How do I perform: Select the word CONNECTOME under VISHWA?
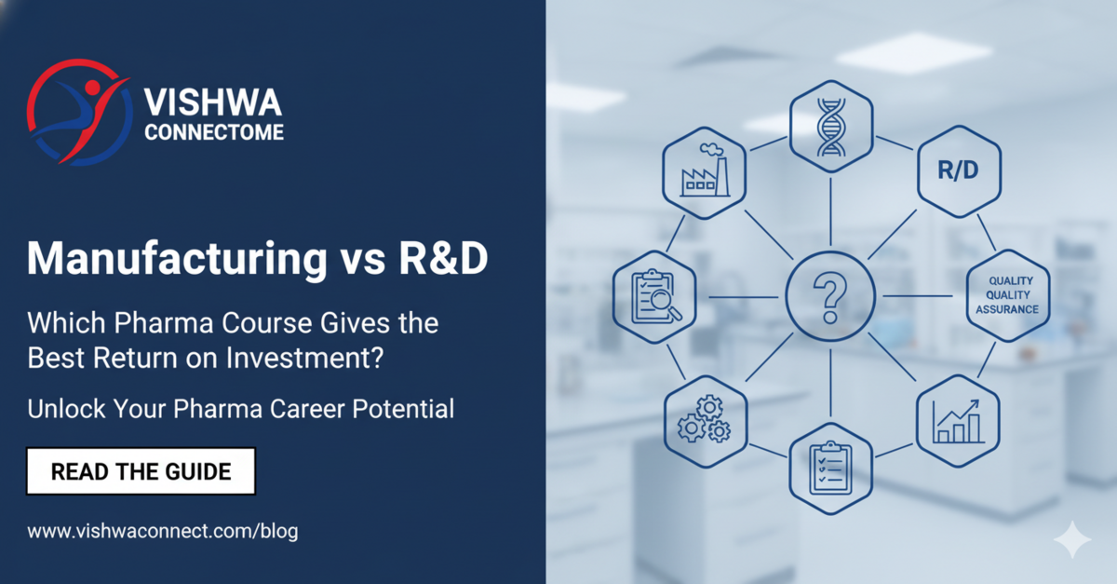coord(214,133)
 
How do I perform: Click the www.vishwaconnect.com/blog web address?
coord(163,531)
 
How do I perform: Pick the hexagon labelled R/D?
coord(958,172)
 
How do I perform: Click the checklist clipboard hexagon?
coord(830,467)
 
